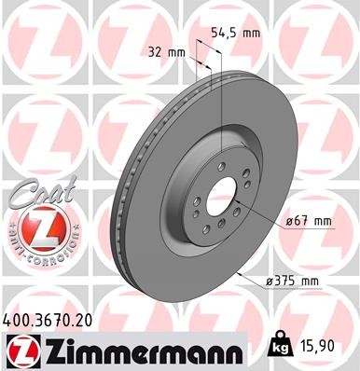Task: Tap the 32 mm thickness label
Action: (168, 52)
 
